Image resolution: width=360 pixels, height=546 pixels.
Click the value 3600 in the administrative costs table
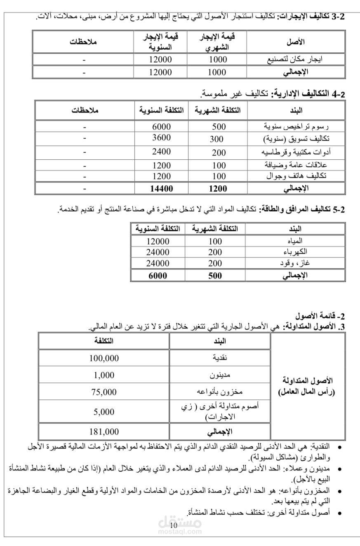pos(161,137)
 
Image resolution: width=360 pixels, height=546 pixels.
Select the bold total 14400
pos(161,189)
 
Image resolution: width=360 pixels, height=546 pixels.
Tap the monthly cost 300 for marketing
pos(217,139)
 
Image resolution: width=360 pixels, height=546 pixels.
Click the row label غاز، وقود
pos(296,263)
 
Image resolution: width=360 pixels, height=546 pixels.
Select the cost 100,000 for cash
pos(104,358)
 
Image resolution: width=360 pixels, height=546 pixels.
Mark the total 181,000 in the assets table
pos(104,431)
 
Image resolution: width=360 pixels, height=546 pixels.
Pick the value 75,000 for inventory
pos(104,392)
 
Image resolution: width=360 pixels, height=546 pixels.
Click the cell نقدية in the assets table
pos(219,358)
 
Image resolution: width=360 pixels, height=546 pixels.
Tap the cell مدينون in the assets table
pos(219,375)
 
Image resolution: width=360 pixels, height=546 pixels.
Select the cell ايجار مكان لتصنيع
pos(295,59)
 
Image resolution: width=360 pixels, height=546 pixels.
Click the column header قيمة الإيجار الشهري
pos(217,42)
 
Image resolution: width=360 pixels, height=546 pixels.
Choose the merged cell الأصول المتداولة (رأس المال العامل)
pos(308,386)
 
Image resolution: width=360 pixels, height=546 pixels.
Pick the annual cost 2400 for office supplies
pos(161,151)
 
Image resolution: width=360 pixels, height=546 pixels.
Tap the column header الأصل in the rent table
pos(295,42)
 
